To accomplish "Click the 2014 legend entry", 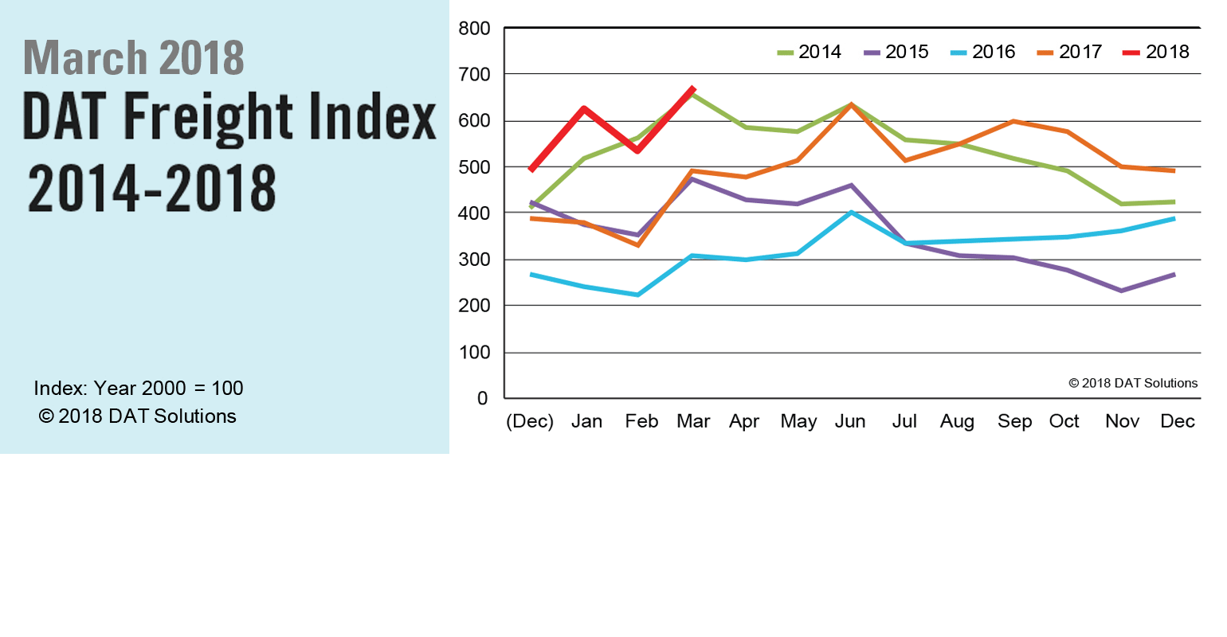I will click(x=810, y=53).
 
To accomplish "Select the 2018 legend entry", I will click(x=1156, y=53).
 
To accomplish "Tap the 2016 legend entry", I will click(x=983, y=53).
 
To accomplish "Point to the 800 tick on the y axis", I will click(x=474, y=29).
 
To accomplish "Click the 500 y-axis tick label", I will click(x=474, y=168).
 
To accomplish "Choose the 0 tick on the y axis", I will click(x=482, y=399).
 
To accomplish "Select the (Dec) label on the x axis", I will click(x=530, y=422).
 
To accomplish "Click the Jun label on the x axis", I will click(x=850, y=422).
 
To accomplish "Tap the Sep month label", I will click(x=1014, y=422).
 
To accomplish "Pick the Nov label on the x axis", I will click(x=1122, y=422).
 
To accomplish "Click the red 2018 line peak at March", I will click(x=693, y=89).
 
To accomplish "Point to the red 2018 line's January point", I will click(x=585, y=108).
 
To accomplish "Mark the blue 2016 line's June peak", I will click(x=852, y=213).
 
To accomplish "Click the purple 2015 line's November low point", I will click(x=1121, y=291).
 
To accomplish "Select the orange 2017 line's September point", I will click(x=1013, y=121).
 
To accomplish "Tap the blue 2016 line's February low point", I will click(x=638, y=295).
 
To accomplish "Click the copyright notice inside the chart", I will click(x=1133, y=383).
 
